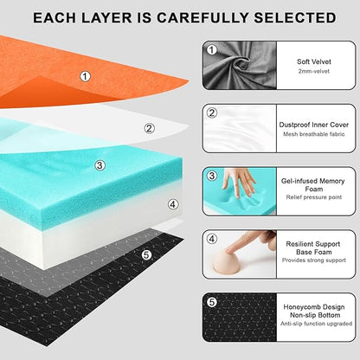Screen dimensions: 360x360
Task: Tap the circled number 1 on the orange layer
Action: (85, 76)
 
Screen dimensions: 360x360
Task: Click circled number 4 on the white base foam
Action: (173, 204)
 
